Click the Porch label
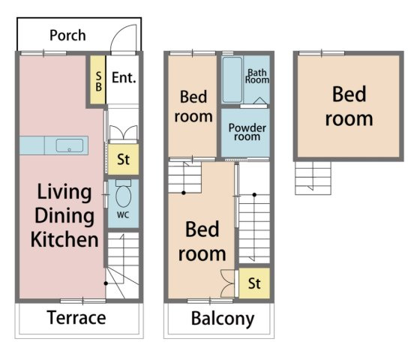click(67, 36)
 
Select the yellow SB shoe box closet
click(97, 79)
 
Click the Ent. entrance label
click(124, 78)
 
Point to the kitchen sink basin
click(69, 145)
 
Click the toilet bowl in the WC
click(123, 196)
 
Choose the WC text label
click(123, 214)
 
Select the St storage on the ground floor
click(123, 159)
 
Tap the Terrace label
click(76, 318)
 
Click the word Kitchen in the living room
click(64, 239)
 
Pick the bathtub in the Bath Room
click(232, 79)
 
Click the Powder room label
click(247, 132)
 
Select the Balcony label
click(223, 319)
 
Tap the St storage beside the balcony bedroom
click(254, 283)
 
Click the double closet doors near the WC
click(123, 133)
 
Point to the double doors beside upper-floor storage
click(228, 283)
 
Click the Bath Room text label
click(257, 76)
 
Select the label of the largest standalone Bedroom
click(349, 106)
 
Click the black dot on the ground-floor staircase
click(106, 283)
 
